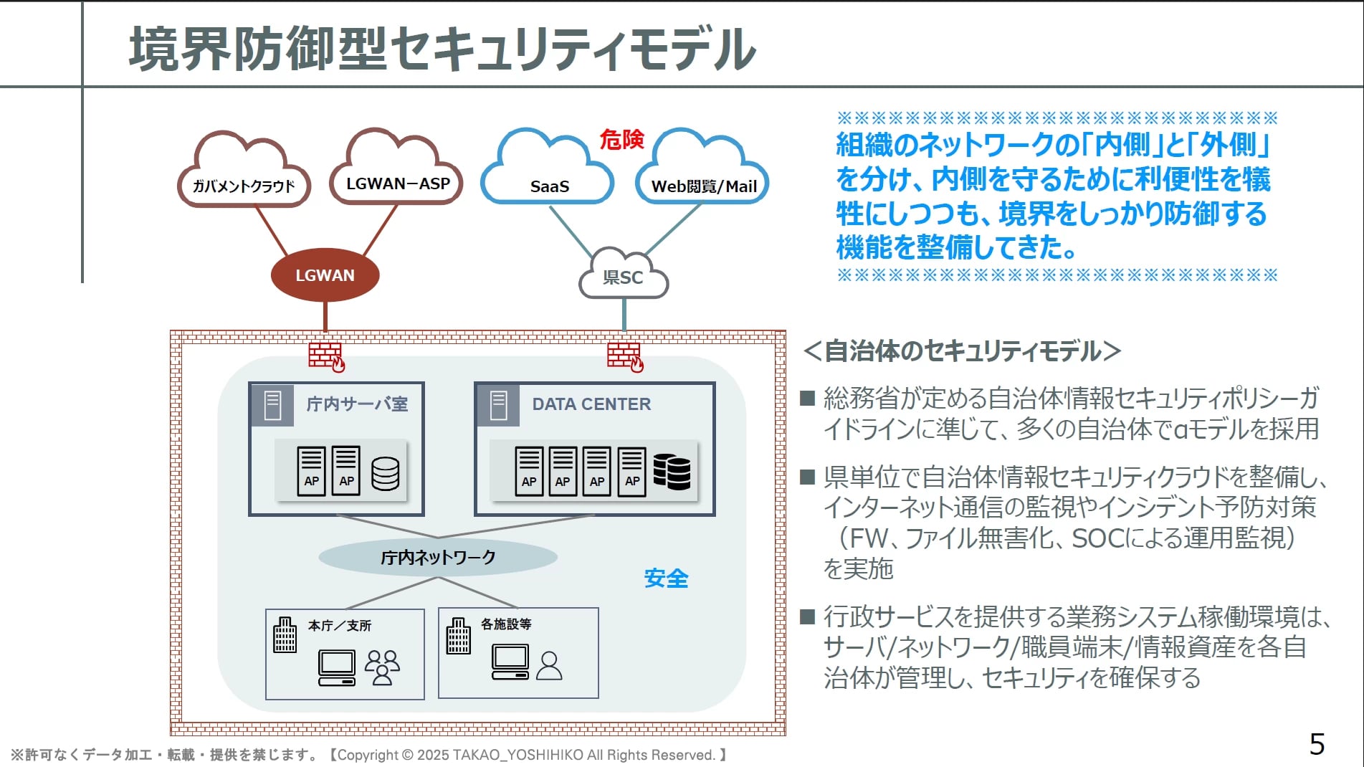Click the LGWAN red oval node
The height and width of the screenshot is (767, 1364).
pyautogui.click(x=325, y=275)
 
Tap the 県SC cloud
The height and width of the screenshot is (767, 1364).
pyautogui.click(x=623, y=277)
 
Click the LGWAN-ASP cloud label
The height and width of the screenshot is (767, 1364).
pyautogui.click(x=398, y=184)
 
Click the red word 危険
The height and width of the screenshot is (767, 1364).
pyautogui.click(x=621, y=139)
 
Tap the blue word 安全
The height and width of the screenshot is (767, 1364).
pyautogui.click(x=666, y=578)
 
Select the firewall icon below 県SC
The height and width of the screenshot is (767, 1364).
pyautogui.click(x=625, y=356)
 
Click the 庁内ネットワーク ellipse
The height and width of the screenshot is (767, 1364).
pyautogui.click(x=438, y=557)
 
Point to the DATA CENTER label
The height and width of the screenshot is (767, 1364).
pyautogui.click(x=591, y=404)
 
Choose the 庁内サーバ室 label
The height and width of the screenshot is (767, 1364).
pyautogui.click(x=357, y=404)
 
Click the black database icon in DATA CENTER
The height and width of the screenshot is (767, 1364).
pyautogui.click(x=672, y=472)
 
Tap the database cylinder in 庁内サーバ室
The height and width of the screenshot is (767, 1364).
pyautogui.click(x=385, y=473)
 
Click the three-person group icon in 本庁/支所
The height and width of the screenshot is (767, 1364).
pyautogui.click(x=382, y=667)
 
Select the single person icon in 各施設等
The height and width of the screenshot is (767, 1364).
pyautogui.click(x=549, y=666)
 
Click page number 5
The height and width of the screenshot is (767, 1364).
pyautogui.click(x=1317, y=744)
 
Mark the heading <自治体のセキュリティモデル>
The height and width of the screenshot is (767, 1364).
pyautogui.click(x=962, y=351)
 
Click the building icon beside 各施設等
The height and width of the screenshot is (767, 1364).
pyautogui.click(x=458, y=636)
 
